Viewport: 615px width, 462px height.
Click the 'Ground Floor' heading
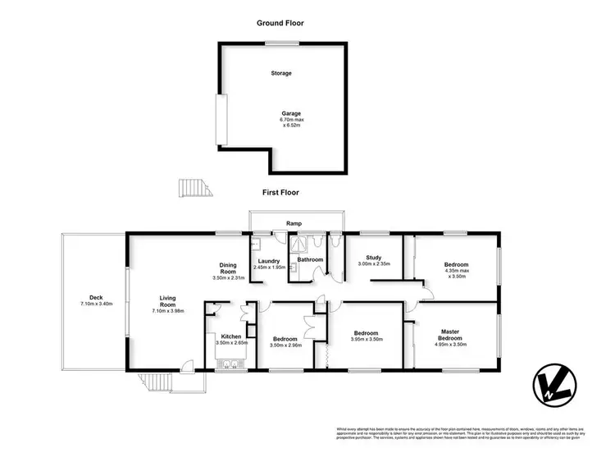pos(280,25)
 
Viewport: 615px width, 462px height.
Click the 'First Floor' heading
pos(280,193)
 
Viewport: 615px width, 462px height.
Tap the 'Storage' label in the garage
pos(281,73)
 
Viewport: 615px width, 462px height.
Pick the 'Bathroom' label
pos(310,260)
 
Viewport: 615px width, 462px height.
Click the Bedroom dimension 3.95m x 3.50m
pos(367,340)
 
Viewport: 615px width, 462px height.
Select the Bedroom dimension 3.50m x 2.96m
pos(285,345)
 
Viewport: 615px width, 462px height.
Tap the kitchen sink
pos(226,366)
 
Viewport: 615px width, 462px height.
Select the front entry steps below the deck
pos(157,383)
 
